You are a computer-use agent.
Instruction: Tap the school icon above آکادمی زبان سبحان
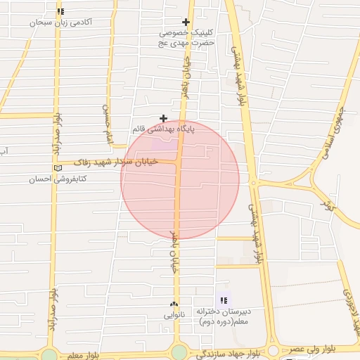pos(61,11)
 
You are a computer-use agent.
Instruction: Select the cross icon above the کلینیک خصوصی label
pos(186,22)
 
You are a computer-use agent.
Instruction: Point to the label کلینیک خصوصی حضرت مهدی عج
pos(186,37)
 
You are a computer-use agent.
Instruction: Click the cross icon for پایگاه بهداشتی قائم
pos(164,118)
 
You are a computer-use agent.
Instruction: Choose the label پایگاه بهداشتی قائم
pos(162,129)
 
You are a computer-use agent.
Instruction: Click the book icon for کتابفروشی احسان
pos(58,168)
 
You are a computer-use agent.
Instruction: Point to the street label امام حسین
pos(107,120)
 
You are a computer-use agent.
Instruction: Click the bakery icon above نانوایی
pos(174,304)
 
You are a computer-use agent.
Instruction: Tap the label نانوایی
pos(174,316)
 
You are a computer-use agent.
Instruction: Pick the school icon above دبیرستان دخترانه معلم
pos(224,300)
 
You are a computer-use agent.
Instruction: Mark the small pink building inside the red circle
pos(164,145)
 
